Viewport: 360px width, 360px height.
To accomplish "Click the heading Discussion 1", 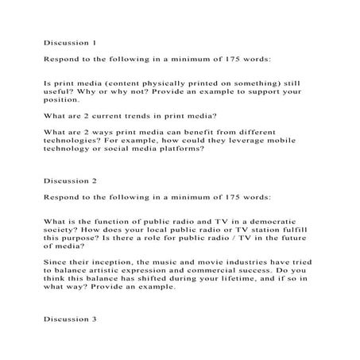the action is [70, 41].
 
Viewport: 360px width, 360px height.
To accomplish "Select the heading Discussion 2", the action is [70, 180].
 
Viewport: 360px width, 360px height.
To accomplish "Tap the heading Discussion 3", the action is [70, 319].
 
